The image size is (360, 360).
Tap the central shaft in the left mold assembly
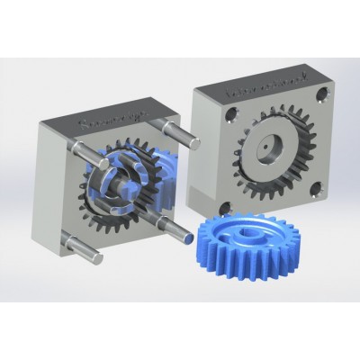(x=126, y=191)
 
